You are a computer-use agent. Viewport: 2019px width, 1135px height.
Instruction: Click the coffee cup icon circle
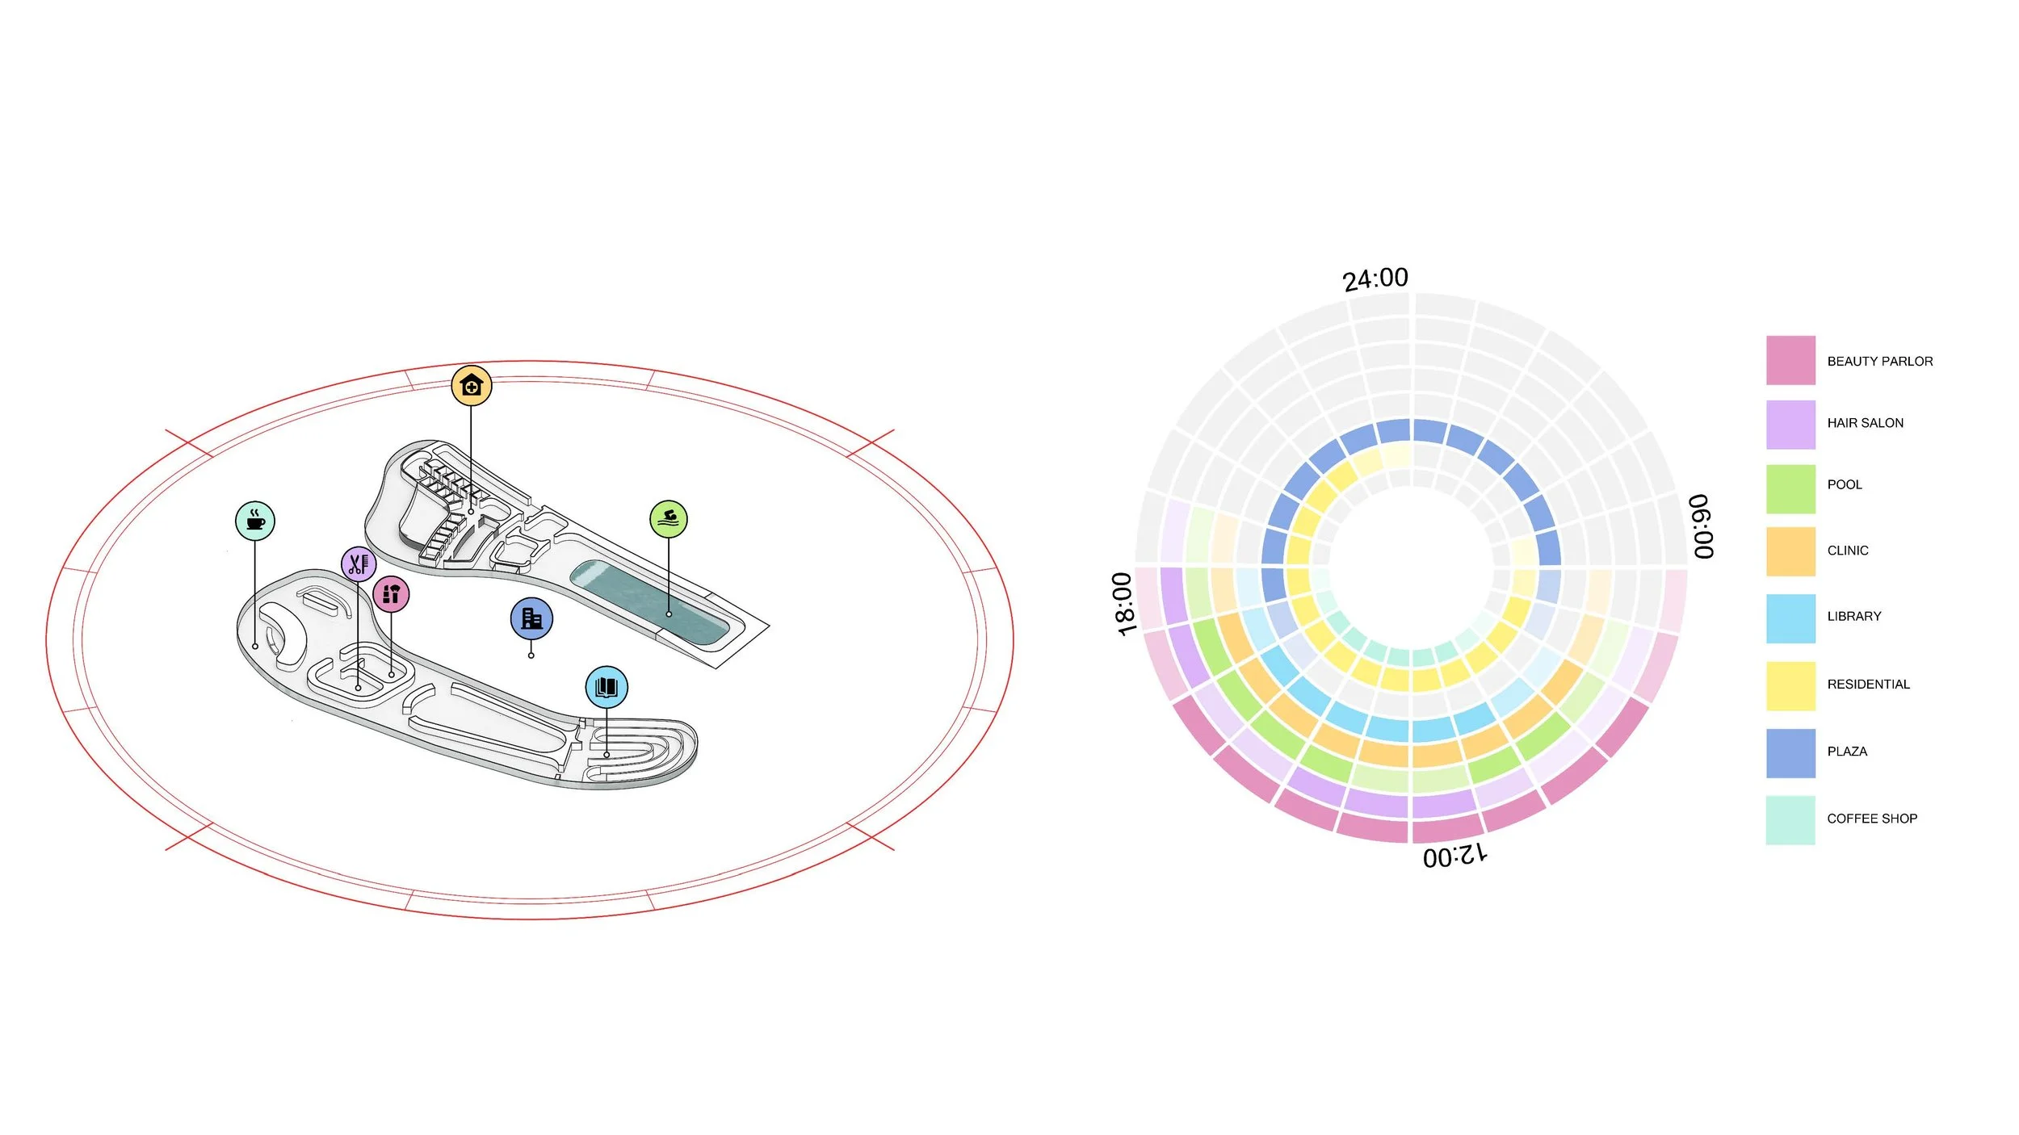(x=255, y=521)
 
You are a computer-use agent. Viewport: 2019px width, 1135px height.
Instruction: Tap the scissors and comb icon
(x=359, y=563)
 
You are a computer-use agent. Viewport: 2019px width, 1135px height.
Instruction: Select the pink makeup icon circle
(x=391, y=594)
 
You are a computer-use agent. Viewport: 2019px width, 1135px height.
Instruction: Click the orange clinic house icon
(x=472, y=386)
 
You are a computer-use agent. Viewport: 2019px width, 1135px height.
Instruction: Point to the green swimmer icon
(x=669, y=519)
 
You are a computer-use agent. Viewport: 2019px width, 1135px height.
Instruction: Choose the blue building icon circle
(x=531, y=618)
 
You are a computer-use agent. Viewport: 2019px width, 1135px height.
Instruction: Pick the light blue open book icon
(x=607, y=687)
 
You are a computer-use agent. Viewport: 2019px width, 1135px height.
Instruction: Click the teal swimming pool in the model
(x=650, y=602)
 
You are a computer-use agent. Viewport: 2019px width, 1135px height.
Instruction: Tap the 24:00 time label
(x=1375, y=279)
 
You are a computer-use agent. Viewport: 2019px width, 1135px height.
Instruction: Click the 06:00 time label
(x=1701, y=526)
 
